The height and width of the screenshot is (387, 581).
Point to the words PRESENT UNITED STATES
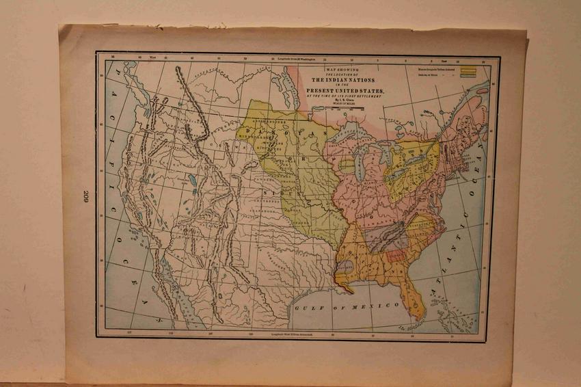(x=345, y=90)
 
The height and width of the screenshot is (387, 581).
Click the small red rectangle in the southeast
(x=395, y=256)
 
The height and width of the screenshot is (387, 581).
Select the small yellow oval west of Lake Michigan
(x=348, y=165)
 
